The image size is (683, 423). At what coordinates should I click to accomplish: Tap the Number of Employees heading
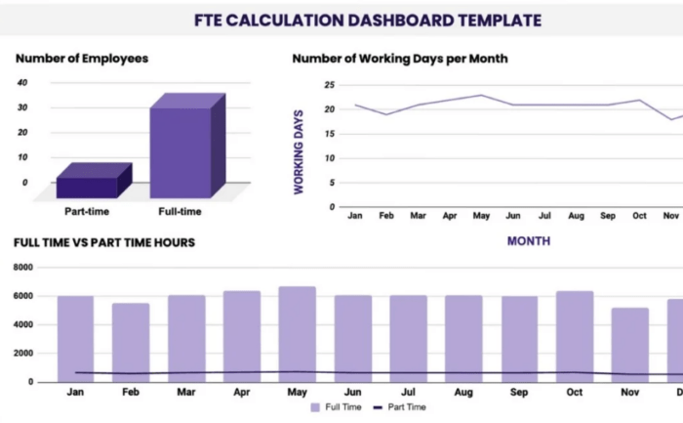tap(82, 59)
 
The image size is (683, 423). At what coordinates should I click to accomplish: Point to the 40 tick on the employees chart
tap(22, 82)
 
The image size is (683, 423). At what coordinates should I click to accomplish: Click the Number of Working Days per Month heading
tap(400, 59)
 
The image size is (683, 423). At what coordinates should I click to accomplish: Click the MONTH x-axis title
tap(528, 240)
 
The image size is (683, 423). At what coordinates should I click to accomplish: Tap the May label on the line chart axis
tap(480, 215)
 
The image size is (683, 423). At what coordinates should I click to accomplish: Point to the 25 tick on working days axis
tap(330, 85)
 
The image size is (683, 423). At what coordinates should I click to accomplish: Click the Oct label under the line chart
tap(639, 215)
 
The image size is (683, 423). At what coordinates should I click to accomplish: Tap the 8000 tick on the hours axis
tap(21, 268)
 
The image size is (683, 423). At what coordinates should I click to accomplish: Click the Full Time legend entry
tap(337, 407)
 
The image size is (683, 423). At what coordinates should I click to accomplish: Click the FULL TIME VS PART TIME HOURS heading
tap(104, 242)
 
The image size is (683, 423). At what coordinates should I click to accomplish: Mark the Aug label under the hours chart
tap(463, 392)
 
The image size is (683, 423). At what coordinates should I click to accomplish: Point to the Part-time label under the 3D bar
tap(88, 212)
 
